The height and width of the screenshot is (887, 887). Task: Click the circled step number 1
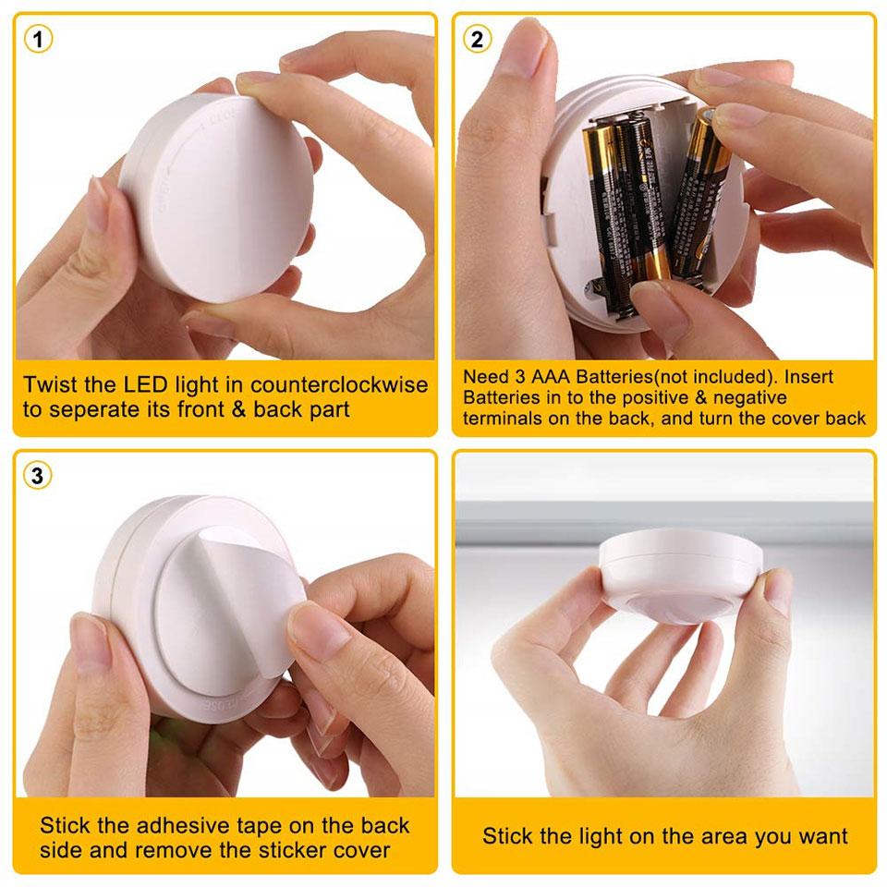tap(38, 39)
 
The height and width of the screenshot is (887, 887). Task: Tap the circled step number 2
tap(477, 39)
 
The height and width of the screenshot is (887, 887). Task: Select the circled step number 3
tap(38, 476)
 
